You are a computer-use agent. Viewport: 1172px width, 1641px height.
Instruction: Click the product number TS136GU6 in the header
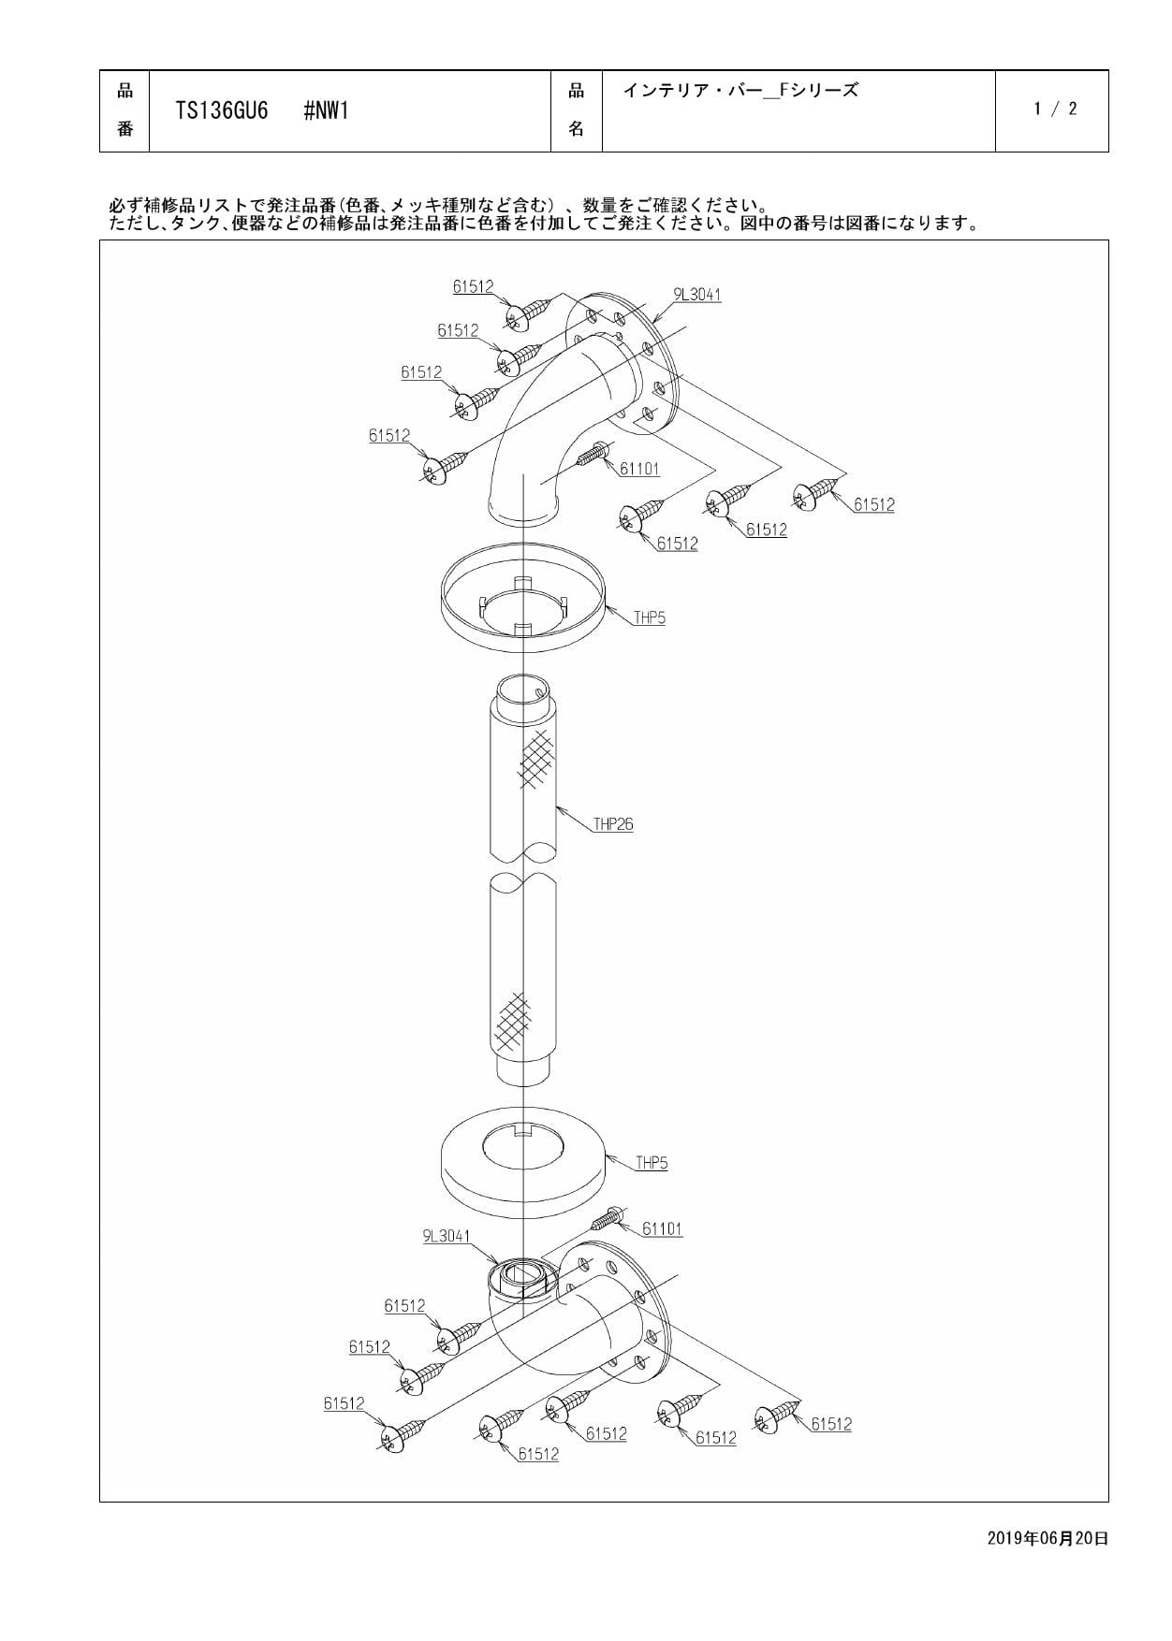[222, 111]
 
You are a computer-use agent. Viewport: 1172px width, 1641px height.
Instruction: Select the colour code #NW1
[326, 111]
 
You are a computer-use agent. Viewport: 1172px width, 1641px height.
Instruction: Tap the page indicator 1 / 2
[1055, 109]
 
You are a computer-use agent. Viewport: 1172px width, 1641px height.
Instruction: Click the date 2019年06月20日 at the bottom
[1047, 1538]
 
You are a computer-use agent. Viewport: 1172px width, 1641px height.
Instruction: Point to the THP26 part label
[613, 824]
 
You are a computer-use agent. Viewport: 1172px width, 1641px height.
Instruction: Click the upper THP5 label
[650, 617]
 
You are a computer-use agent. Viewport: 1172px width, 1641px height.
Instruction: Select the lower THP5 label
[652, 1163]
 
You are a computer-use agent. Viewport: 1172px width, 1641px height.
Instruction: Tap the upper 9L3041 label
[697, 295]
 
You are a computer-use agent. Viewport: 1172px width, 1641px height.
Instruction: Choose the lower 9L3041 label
[447, 1236]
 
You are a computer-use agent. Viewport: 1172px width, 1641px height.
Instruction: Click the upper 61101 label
[639, 469]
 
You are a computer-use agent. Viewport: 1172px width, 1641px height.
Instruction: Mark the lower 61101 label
[662, 1228]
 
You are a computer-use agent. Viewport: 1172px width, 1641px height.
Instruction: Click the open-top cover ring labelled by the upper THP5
[522, 608]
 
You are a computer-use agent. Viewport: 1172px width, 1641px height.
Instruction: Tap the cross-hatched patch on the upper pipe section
[535, 758]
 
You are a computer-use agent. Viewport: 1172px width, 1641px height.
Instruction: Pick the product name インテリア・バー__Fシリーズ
[740, 91]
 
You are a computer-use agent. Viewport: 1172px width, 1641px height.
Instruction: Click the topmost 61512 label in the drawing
[473, 287]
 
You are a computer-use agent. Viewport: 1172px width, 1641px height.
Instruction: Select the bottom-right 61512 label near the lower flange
[831, 1424]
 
